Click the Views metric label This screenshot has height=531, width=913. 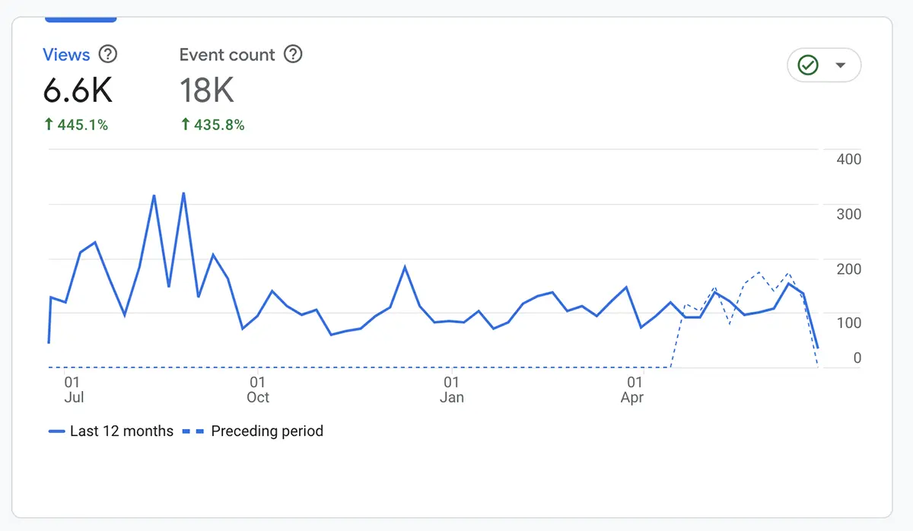66,55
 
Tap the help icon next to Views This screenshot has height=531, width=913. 109,54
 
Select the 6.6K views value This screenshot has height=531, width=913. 78,91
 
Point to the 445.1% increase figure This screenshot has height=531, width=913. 76,125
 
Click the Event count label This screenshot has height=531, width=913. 227,55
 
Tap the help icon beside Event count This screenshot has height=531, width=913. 293,54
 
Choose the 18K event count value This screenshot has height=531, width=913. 206,91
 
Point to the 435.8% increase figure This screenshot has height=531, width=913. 212,125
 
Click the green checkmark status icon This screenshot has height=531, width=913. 808,65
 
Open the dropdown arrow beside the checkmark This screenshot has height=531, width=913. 840,65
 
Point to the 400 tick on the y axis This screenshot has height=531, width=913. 848,159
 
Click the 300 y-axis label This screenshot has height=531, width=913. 848,214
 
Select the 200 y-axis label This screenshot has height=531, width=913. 848,269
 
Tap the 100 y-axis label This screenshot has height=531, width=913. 848,323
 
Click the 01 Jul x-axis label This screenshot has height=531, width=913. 73,390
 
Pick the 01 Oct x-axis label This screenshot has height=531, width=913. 258,390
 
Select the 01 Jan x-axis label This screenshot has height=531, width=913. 452,390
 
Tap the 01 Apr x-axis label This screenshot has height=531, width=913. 633,390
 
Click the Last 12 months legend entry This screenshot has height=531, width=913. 111,431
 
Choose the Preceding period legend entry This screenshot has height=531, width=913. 253,431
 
